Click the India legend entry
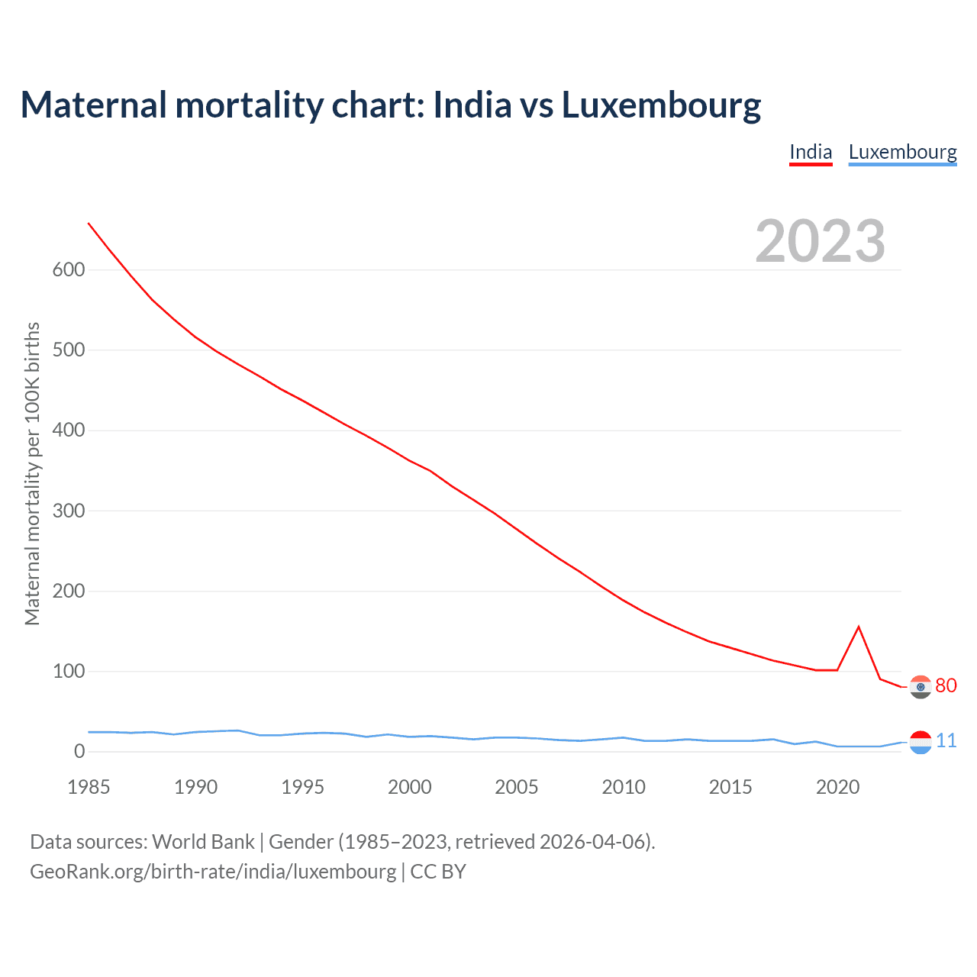click(x=811, y=152)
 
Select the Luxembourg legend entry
click(x=902, y=152)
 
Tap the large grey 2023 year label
click(x=820, y=241)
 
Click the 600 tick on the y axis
click(x=69, y=269)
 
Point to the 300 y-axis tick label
click(x=69, y=511)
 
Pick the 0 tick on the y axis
click(x=79, y=752)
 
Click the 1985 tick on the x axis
click(x=89, y=787)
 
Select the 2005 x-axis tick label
click(x=517, y=787)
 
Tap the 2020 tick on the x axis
click(x=837, y=787)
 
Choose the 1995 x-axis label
click(x=303, y=787)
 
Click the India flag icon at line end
click(x=921, y=687)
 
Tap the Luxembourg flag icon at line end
click(x=921, y=742)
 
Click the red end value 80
click(x=946, y=685)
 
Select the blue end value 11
click(x=946, y=740)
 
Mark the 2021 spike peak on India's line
click(x=859, y=627)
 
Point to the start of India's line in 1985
click(x=89, y=223)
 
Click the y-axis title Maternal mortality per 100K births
click(x=32, y=473)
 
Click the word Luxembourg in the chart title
click(x=661, y=105)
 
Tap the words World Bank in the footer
click(x=203, y=842)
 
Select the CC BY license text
click(x=438, y=872)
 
